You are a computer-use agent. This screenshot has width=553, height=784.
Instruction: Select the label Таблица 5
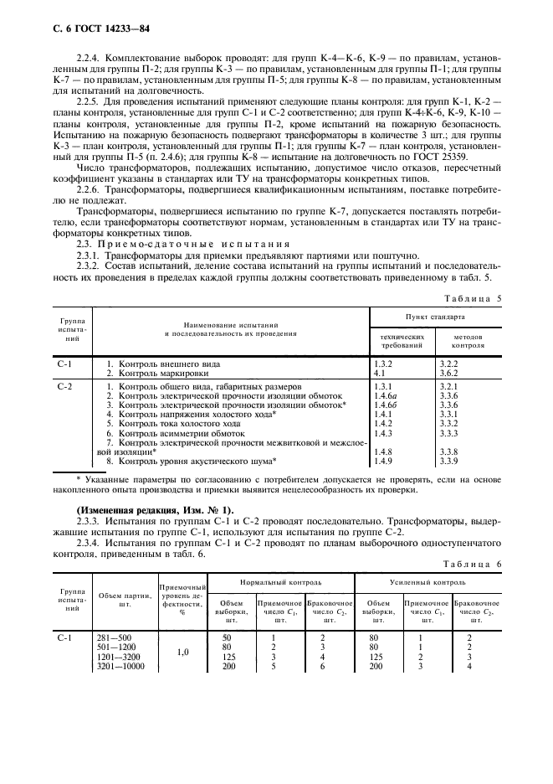coord(471,297)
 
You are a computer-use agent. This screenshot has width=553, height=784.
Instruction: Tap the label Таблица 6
coord(471,564)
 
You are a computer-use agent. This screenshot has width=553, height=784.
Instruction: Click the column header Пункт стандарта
coord(434,317)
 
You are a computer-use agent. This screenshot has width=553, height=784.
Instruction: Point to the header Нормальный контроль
coord(281,580)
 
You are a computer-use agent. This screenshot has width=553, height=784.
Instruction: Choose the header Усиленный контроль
coord(428,580)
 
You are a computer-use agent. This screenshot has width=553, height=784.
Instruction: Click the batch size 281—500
coord(113,637)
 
